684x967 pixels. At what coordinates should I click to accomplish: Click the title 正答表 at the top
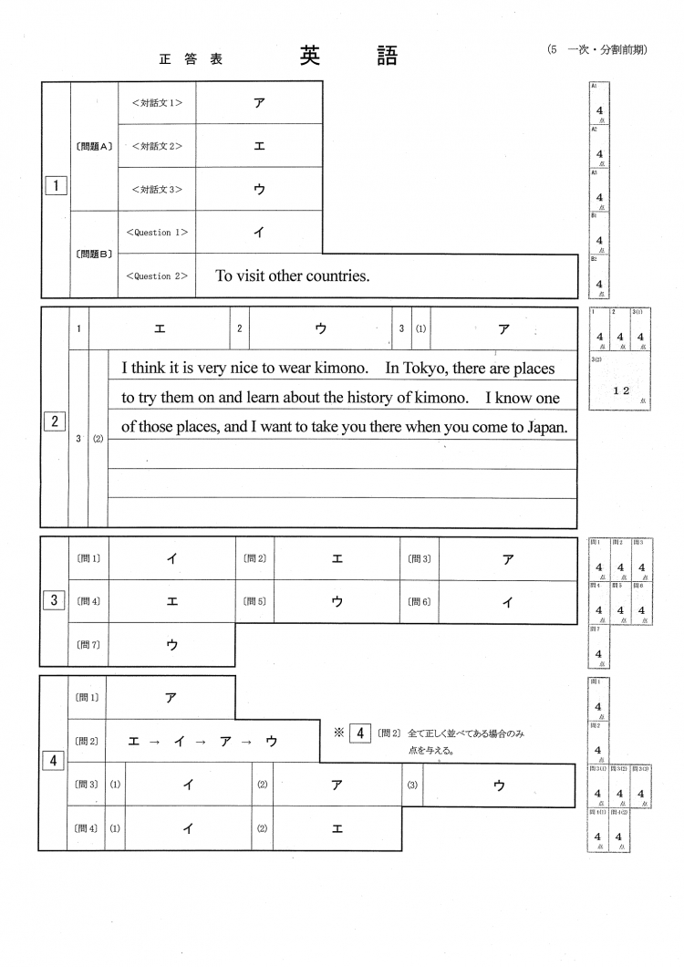tap(190, 60)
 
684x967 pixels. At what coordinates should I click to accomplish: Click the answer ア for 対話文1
tap(259, 102)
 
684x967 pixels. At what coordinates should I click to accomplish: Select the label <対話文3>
tap(157, 190)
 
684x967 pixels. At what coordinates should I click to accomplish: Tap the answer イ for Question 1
tap(259, 233)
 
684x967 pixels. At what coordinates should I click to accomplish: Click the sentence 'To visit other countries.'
tap(293, 276)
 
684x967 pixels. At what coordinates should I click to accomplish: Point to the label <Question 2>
tap(157, 276)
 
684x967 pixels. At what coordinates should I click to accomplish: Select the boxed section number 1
tap(56, 186)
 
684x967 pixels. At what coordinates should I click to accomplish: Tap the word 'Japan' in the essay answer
tap(547, 426)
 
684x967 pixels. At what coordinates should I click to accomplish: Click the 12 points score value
tap(621, 390)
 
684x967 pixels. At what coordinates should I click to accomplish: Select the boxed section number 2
tap(56, 421)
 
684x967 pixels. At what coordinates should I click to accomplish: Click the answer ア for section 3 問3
tap(507, 559)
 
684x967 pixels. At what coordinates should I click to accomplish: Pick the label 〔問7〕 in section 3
tap(88, 645)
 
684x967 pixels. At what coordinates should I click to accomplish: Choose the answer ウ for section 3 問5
tap(337, 601)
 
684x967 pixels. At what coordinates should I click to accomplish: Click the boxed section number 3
tap(55, 600)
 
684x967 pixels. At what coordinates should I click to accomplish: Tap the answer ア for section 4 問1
tap(171, 698)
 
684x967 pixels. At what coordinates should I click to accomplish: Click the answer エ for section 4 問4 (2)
tap(337, 828)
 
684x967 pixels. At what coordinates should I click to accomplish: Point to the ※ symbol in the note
tap(337, 733)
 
